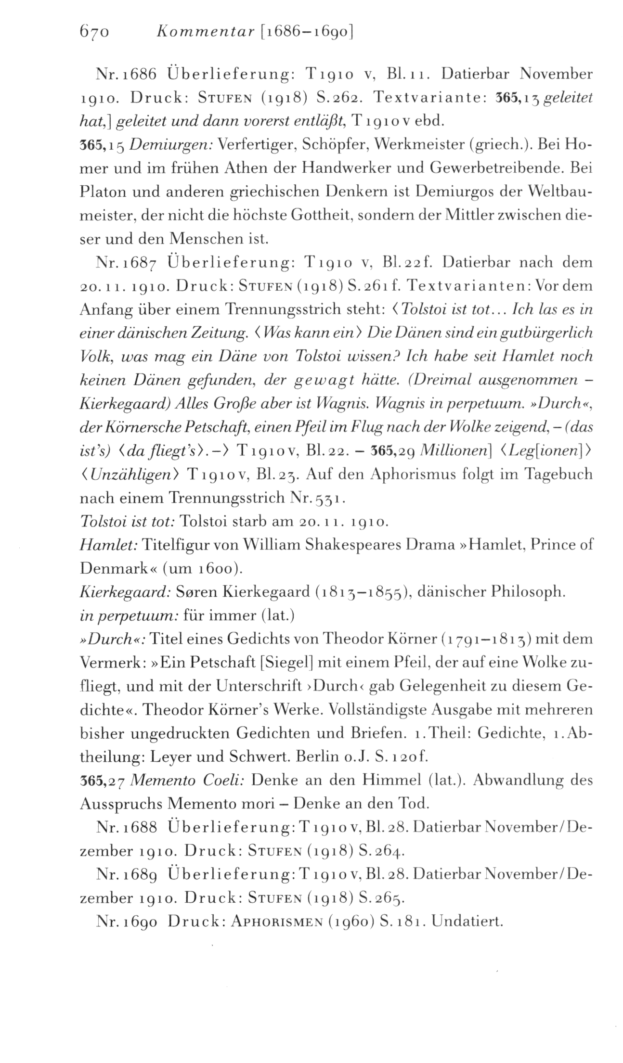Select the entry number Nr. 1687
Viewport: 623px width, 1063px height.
pos(127,263)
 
